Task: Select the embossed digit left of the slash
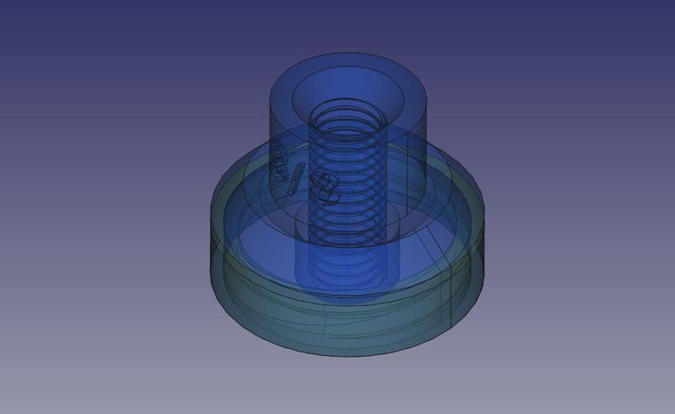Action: click(278, 159)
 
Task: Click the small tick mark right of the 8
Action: click(353, 192)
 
